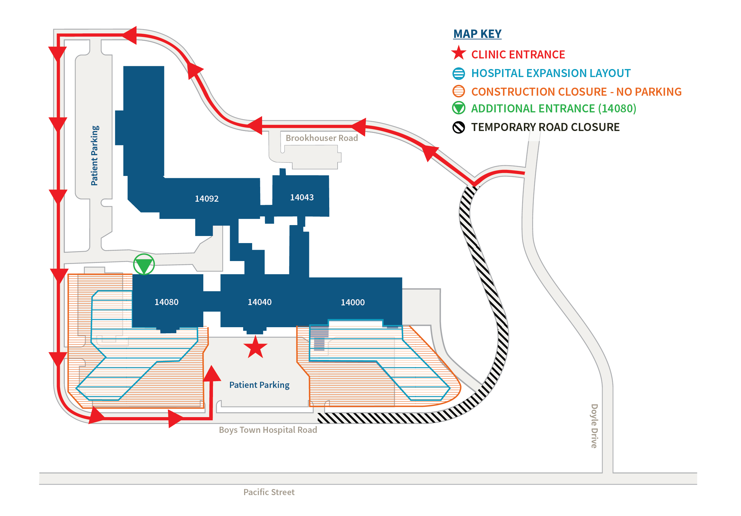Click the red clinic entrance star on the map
pyautogui.click(x=255, y=347)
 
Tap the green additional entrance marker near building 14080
pyautogui.click(x=144, y=264)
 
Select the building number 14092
pyautogui.click(x=207, y=199)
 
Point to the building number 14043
pyautogui.click(x=302, y=197)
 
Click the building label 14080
pyautogui.click(x=166, y=302)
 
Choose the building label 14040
pyautogui.click(x=260, y=302)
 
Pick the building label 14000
pyautogui.click(x=353, y=302)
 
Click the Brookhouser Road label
pyautogui.click(x=322, y=138)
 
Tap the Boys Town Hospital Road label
pyautogui.click(x=268, y=430)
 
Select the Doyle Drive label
pyautogui.click(x=594, y=426)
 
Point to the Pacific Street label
pyautogui.click(x=269, y=492)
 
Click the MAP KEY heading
pyautogui.click(x=477, y=34)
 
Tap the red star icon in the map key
pyautogui.click(x=459, y=53)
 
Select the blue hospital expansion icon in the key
pyautogui.click(x=459, y=74)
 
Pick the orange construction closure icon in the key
pyautogui.click(x=459, y=91)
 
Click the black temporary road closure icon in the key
pyautogui.click(x=459, y=127)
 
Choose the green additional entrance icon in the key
pyautogui.click(x=459, y=108)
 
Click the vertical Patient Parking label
pyautogui.click(x=94, y=155)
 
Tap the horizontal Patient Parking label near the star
pyautogui.click(x=259, y=385)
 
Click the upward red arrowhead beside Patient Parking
pyautogui.click(x=212, y=374)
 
